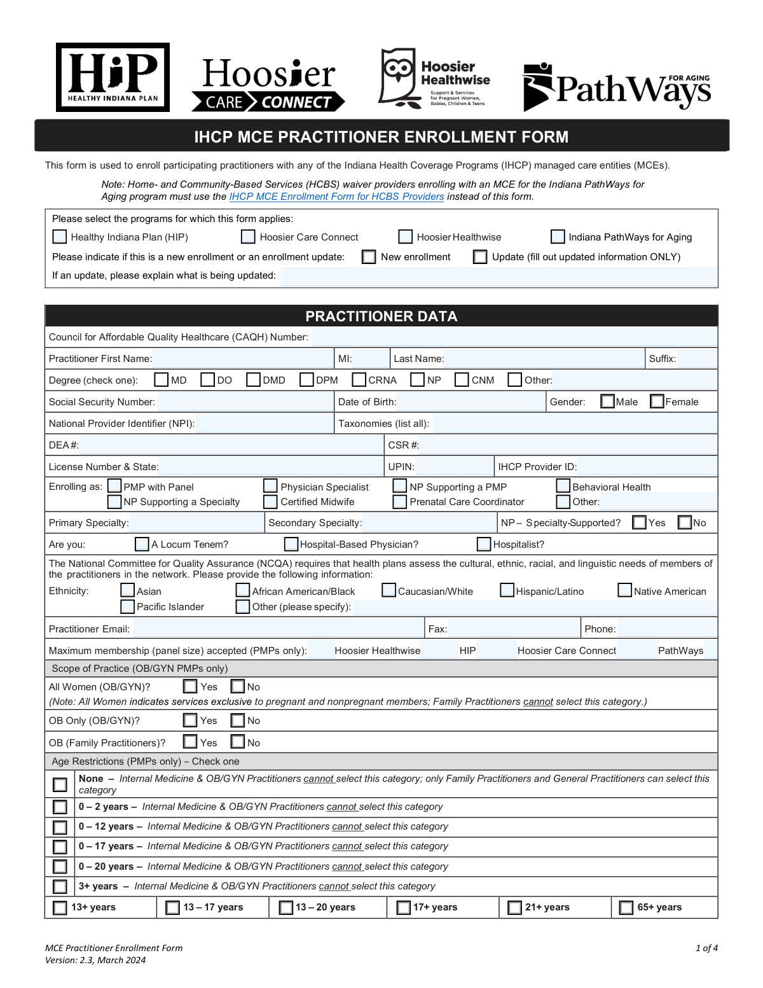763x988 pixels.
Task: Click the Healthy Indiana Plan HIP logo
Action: point(113,77)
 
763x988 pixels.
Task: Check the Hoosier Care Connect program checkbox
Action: point(248,237)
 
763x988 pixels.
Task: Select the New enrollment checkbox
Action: point(369,256)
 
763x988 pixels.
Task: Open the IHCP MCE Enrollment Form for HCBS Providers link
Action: point(336,197)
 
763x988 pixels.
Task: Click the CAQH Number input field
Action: point(514,337)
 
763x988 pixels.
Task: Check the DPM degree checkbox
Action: point(307,380)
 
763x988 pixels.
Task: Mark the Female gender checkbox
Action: point(657,401)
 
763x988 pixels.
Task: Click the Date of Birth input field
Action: point(471,402)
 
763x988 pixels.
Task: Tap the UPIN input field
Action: point(455,467)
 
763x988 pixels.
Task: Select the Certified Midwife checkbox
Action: point(270,502)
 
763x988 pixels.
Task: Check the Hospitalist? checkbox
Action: point(484,544)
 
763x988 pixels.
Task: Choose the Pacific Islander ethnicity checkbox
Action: point(128,607)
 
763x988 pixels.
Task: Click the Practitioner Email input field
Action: point(278,629)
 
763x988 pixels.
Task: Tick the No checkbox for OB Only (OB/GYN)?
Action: point(238,720)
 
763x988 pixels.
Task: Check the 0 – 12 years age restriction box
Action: point(60,826)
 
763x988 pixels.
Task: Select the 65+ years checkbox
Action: point(626,907)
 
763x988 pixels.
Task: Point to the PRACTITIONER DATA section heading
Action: point(381,316)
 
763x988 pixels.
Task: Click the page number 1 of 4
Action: point(706,948)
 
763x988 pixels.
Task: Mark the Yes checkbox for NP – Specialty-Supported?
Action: point(640,522)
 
